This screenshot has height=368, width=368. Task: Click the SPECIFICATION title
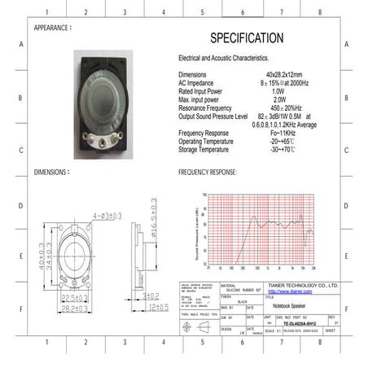point(247,38)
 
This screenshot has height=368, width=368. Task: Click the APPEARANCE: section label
point(57,28)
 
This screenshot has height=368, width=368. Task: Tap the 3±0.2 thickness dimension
point(151,297)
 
